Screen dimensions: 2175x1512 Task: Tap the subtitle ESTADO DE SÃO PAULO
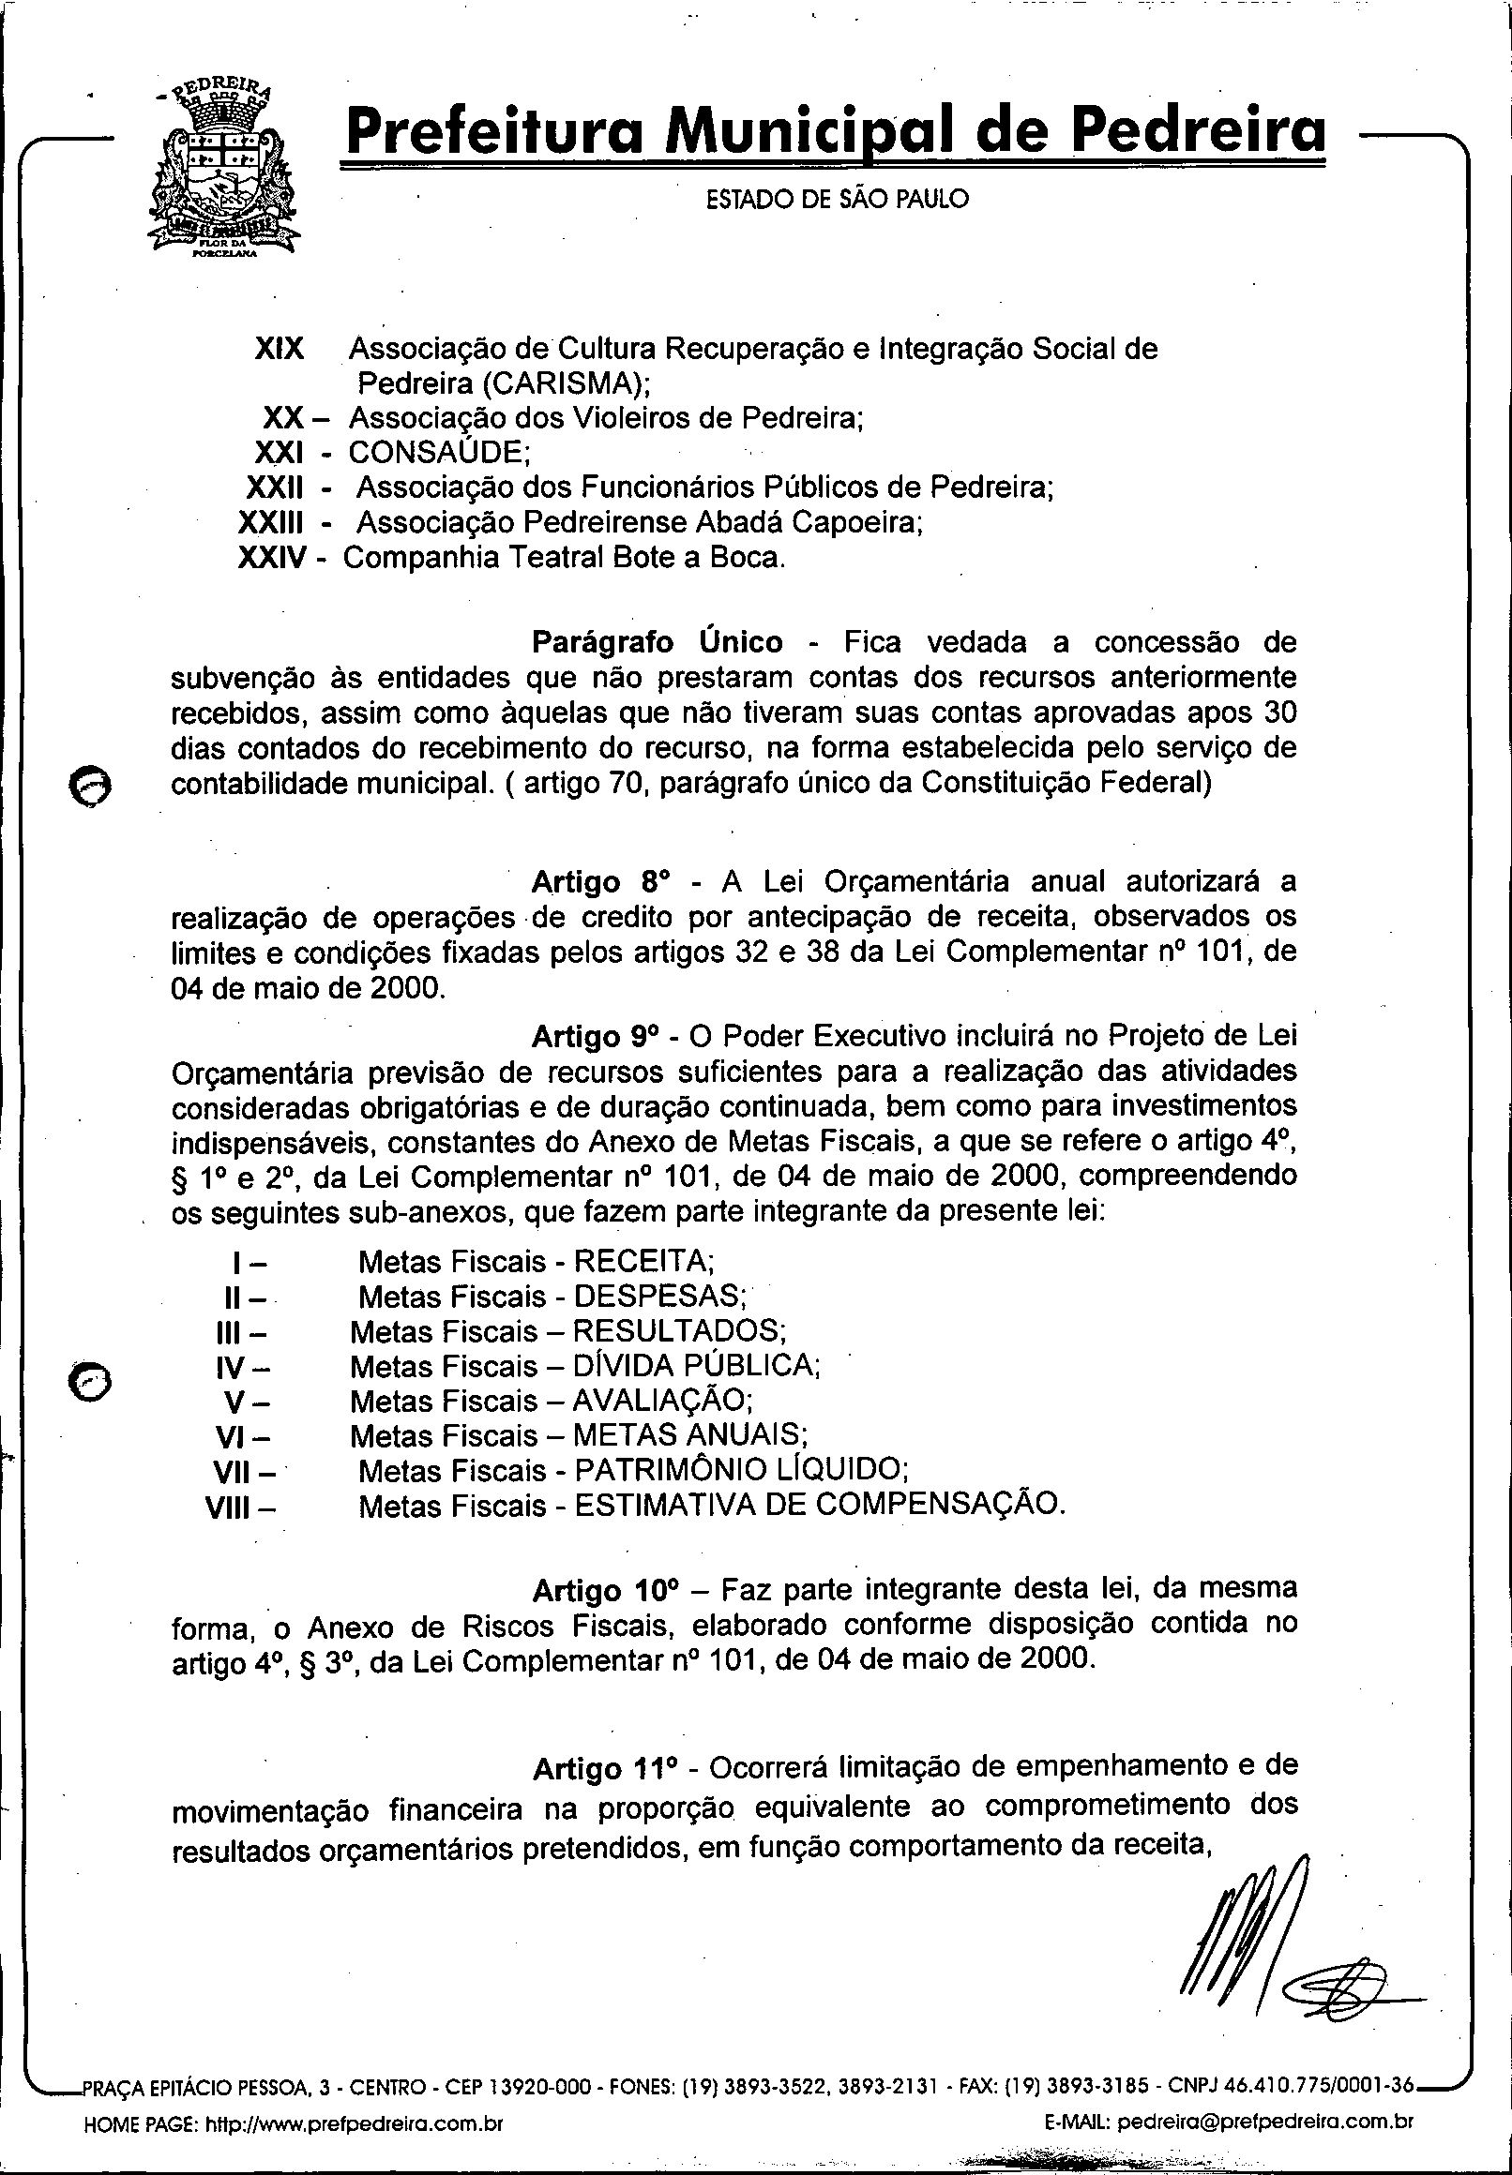838,199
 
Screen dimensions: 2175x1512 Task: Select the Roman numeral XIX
280,349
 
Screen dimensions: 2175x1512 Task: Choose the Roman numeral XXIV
272,558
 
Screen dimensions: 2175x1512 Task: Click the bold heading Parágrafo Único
658,642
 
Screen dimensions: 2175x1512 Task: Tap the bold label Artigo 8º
600,881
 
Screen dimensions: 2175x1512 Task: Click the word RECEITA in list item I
643,1261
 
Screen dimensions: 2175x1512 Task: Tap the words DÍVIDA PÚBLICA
695,1365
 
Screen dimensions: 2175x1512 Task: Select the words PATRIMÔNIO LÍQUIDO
741,1470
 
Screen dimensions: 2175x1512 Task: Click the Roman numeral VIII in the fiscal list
227,1507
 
